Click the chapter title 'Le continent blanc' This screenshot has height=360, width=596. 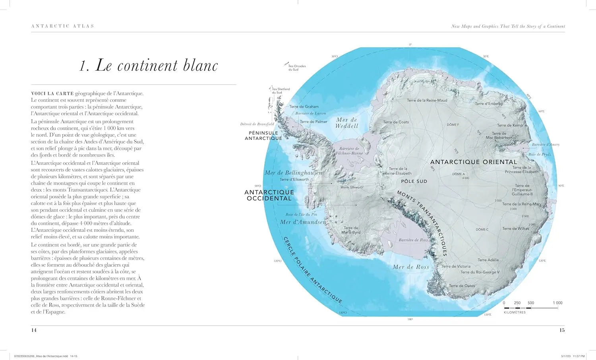(x=149, y=66)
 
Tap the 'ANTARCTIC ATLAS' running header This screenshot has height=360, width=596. (x=63, y=26)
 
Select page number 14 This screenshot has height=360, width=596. (x=34, y=330)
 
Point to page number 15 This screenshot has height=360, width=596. (x=562, y=330)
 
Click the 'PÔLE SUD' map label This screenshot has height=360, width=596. (x=414, y=181)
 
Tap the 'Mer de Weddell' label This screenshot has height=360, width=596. (x=346, y=123)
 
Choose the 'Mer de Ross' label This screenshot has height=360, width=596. (x=411, y=267)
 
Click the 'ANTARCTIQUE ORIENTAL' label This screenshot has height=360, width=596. (x=474, y=162)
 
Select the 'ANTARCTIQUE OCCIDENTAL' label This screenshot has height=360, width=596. (x=269, y=195)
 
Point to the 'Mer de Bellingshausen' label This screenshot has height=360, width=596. (x=293, y=173)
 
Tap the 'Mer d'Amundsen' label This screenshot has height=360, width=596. (x=303, y=222)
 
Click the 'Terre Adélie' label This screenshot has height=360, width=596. (x=488, y=260)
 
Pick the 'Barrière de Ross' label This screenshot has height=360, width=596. (x=413, y=240)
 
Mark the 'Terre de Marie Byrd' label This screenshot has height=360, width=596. (x=351, y=230)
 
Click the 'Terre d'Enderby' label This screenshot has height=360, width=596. (x=489, y=104)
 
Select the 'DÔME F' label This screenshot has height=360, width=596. (x=453, y=125)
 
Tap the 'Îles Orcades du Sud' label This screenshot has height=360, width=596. (x=297, y=68)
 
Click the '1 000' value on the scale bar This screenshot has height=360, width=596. (x=557, y=303)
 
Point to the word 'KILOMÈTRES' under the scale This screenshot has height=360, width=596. (x=515, y=312)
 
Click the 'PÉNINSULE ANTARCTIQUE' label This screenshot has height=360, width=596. (x=263, y=135)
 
